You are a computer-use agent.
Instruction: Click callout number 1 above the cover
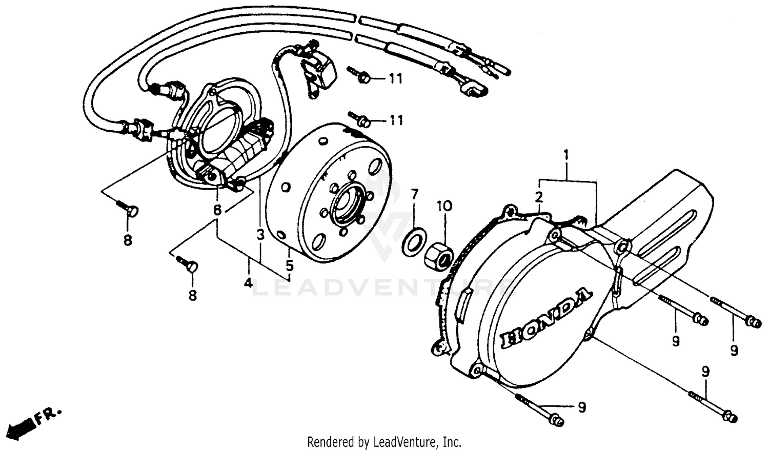(x=566, y=154)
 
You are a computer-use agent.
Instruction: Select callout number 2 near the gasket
(x=539, y=197)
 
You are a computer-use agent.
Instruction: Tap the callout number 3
(x=260, y=235)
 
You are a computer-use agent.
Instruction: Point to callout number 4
(x=248, y=282)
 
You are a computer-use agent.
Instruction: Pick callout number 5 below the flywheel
(x=290, y=265)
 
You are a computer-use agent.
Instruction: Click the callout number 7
(x=414, y=194)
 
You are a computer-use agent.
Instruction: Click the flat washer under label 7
(x=414, y=243)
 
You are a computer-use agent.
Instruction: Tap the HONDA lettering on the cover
(x=547, y=319)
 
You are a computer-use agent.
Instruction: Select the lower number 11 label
(x=395, y=120)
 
